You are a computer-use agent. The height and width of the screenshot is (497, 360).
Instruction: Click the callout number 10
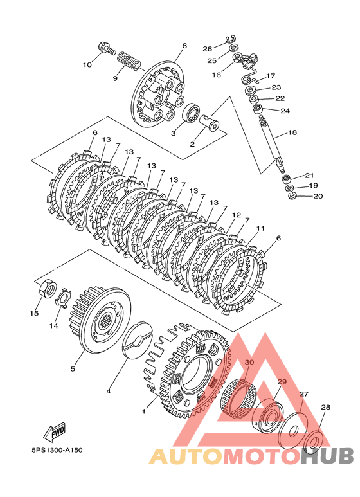87,65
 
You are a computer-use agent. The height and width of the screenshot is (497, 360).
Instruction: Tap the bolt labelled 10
107,48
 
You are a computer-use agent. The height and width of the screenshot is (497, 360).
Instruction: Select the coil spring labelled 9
129,61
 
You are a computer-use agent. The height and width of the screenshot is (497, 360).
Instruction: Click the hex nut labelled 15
48,288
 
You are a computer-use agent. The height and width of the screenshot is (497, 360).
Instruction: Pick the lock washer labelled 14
64,298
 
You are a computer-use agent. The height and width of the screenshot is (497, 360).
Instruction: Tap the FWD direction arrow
55,432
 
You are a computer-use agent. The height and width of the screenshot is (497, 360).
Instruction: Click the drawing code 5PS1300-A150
57,450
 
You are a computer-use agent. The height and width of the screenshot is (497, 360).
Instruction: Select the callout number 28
325,407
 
